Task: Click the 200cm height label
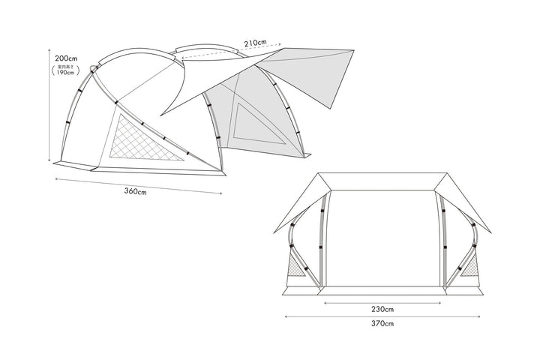coord(66,58)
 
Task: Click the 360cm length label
coord(136,191)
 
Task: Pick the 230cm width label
coord(382,308)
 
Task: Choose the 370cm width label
coord(382,323)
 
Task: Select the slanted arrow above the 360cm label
coord(139,185)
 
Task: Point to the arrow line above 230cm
coord(382,302)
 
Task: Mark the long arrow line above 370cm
coord(382,316)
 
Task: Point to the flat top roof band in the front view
coord(382,181)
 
